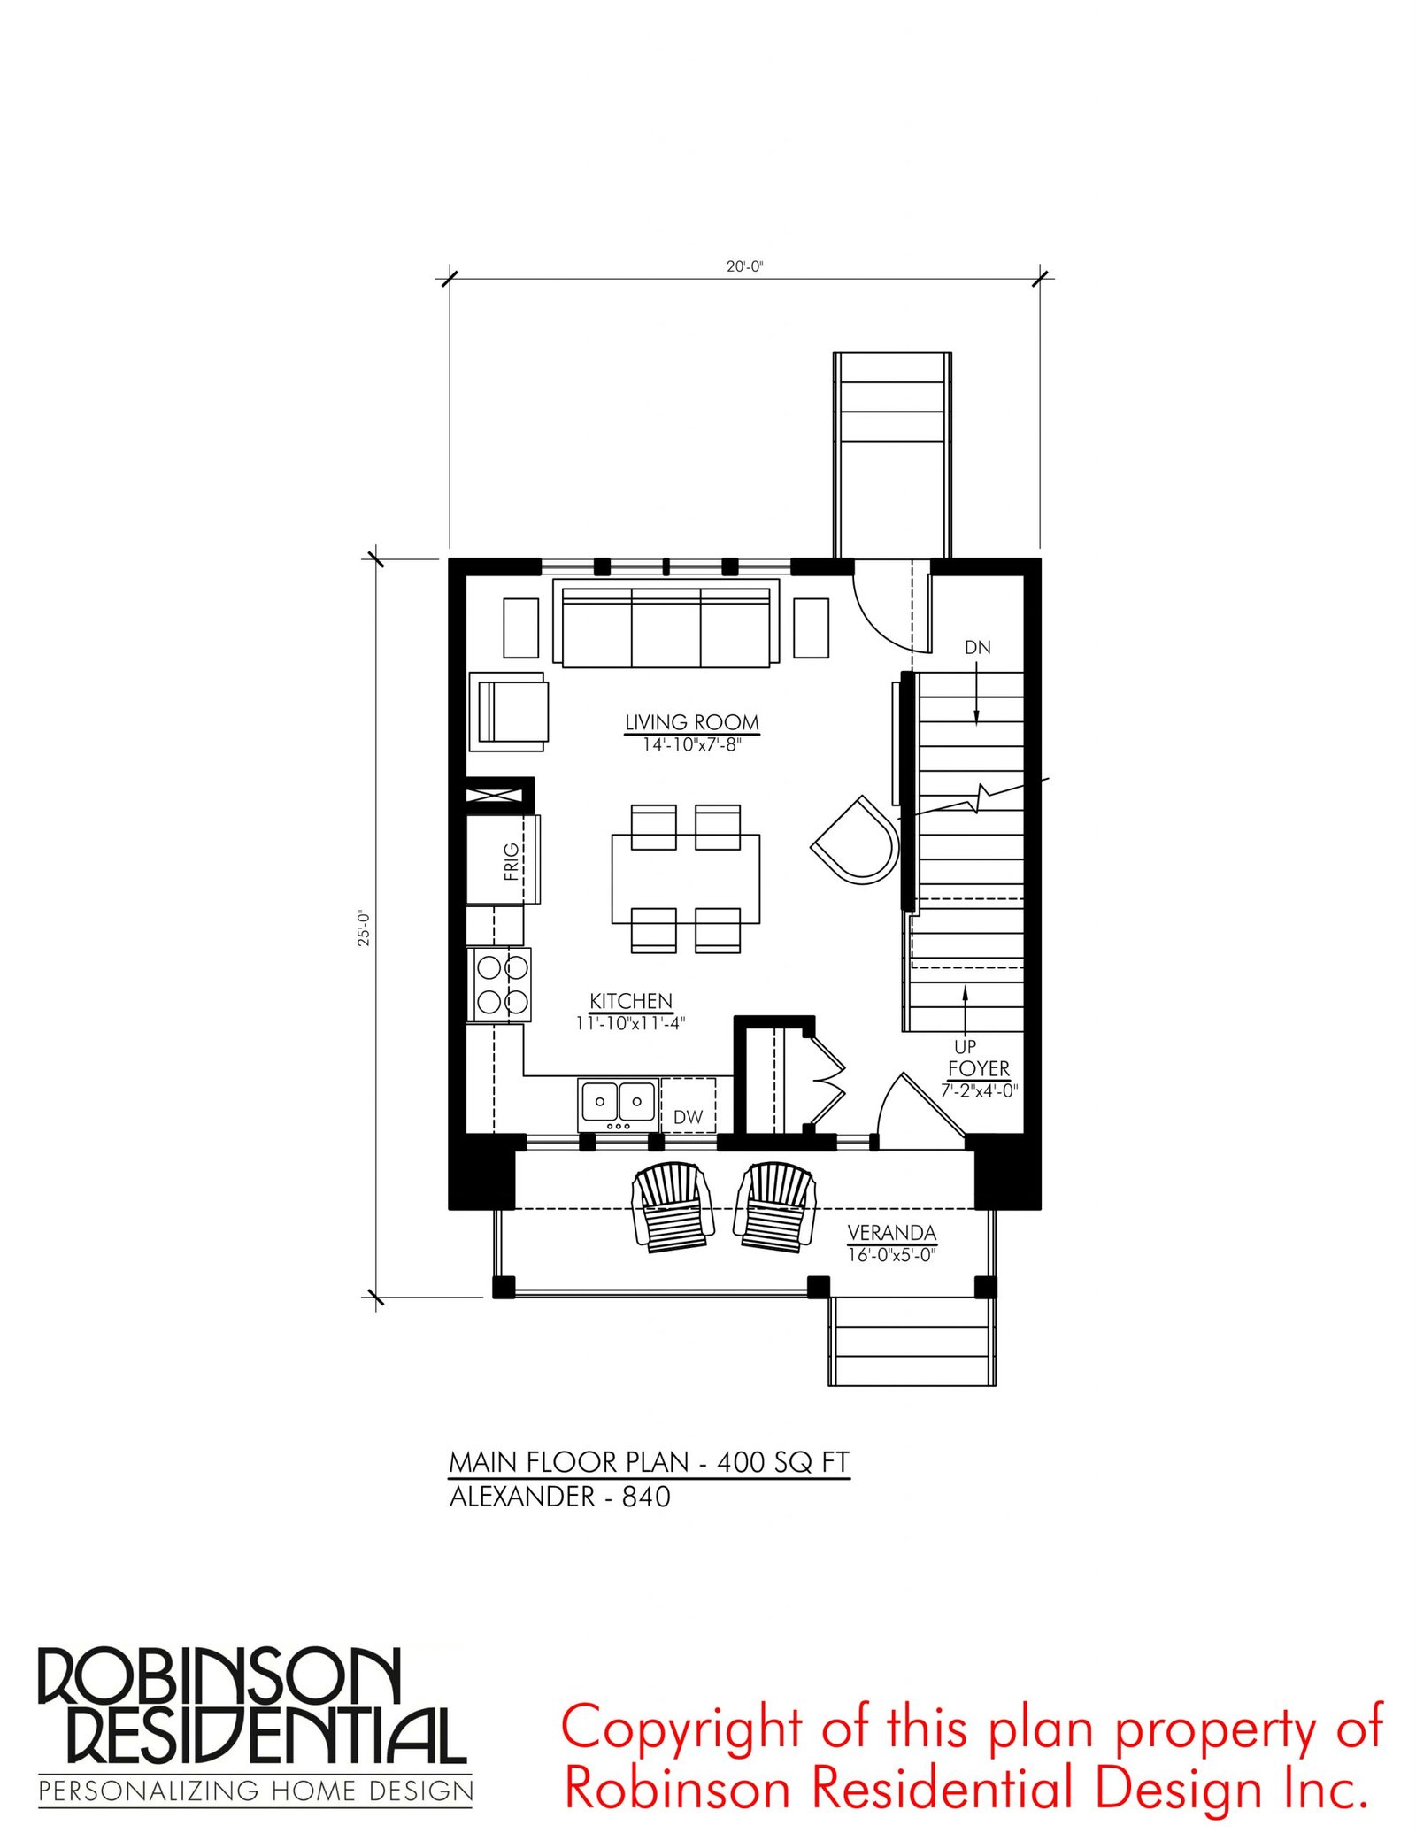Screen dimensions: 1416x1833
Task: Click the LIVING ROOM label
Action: tap(692, 722)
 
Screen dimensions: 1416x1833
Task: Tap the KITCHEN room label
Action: tap(631, 1001)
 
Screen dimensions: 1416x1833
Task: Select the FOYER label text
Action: tap(979, 1068)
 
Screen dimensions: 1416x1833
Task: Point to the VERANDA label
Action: tap(891, 1232)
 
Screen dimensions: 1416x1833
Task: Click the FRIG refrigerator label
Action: tap(512, 861)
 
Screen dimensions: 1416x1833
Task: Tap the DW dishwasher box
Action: tap(689, 1105)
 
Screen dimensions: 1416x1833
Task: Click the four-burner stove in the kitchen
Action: tap(500, 985)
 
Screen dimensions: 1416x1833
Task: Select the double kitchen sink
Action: tap(619, 1103)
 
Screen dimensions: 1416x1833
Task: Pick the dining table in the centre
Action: tap(685, 879)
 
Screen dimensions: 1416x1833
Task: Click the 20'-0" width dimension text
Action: tap(744, 266)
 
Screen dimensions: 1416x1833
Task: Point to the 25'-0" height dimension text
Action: tap(364, 928)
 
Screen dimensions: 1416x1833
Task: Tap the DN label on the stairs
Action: tap(977, 647)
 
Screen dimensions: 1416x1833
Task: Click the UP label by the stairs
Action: tap(965, 1046)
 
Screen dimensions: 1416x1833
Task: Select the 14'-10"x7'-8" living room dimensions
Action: tap(692, 745)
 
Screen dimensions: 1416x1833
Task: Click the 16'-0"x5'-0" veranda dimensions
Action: tap(891, 1255)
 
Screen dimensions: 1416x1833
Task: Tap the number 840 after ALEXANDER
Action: tap(646, 1497)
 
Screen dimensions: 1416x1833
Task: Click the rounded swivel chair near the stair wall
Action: tap(855, 840)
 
